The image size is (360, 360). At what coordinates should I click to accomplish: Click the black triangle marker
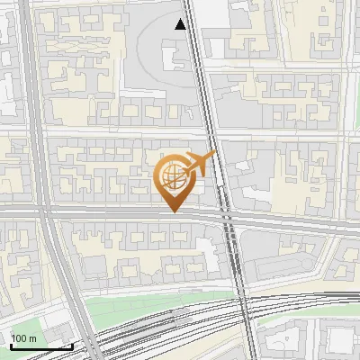181,25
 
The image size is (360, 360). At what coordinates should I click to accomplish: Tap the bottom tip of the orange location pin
173,212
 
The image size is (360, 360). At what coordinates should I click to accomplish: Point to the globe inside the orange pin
172,175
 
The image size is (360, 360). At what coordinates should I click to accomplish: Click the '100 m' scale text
23,338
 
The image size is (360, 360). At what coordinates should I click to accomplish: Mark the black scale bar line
41,346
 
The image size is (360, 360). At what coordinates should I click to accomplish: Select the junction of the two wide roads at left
42,210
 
